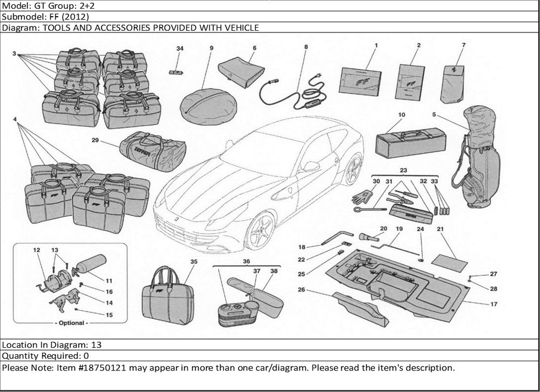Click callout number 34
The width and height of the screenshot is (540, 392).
pos(180,49)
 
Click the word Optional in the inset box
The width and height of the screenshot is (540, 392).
pos(71,323)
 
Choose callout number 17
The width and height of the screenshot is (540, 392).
pos(494,304)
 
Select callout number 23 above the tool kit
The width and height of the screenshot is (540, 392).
pos(402,170)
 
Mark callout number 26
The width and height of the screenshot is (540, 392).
pos(301,290)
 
